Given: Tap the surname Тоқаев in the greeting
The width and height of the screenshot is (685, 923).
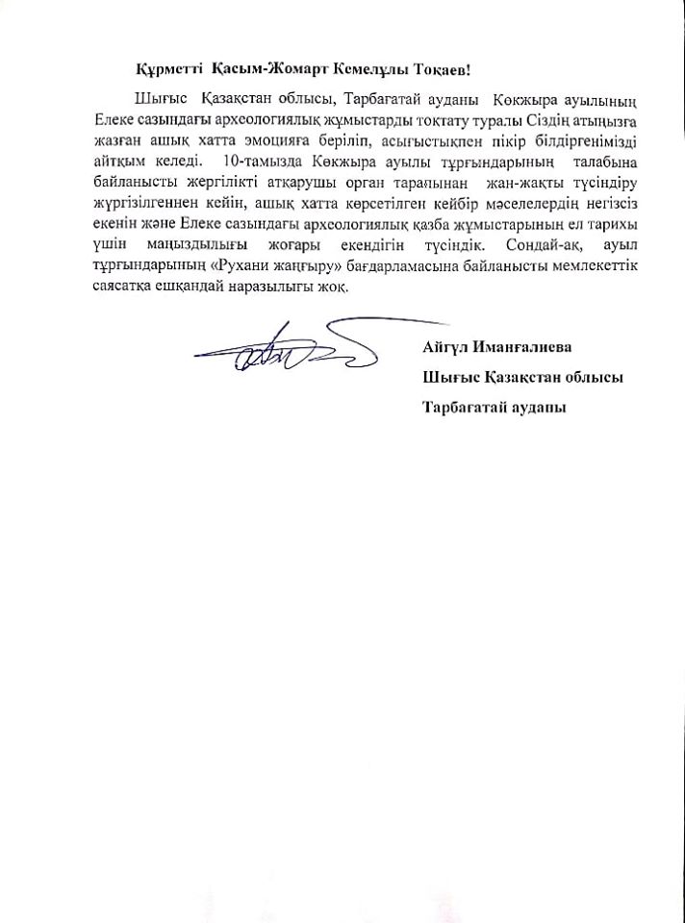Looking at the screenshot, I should [x=438, y=70].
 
